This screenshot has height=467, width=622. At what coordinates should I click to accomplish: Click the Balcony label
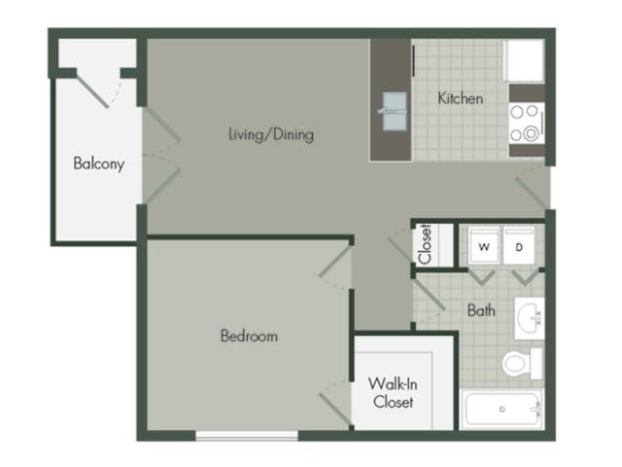(99, 163)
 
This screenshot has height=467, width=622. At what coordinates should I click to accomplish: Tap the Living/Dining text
(271, 134)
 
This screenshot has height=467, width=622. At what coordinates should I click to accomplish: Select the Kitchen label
(460, 98)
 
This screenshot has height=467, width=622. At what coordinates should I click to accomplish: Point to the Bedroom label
(249, 336)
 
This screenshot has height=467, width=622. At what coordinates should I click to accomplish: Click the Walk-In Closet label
(393, 393)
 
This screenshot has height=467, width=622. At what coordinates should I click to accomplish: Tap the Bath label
(481, 310)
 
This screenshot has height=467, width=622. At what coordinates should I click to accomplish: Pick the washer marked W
(484, 245)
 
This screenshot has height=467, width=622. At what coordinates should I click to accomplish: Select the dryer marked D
(519, 245)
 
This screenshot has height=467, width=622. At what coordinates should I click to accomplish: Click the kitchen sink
(395, 111)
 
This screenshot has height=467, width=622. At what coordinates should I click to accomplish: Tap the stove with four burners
(527, 124)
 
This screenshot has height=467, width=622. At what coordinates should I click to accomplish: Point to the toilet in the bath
(523, 363)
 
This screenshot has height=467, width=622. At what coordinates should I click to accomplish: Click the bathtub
(503, 409)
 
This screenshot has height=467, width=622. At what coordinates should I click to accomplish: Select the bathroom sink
(530, 318)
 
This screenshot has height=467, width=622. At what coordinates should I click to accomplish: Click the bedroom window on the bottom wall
(247, 436)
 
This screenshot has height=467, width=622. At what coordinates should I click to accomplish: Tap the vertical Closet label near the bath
(425, 244)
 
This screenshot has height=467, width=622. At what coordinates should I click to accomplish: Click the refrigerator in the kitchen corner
(524, 60)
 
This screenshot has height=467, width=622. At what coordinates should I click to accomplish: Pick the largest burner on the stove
(531, 134)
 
